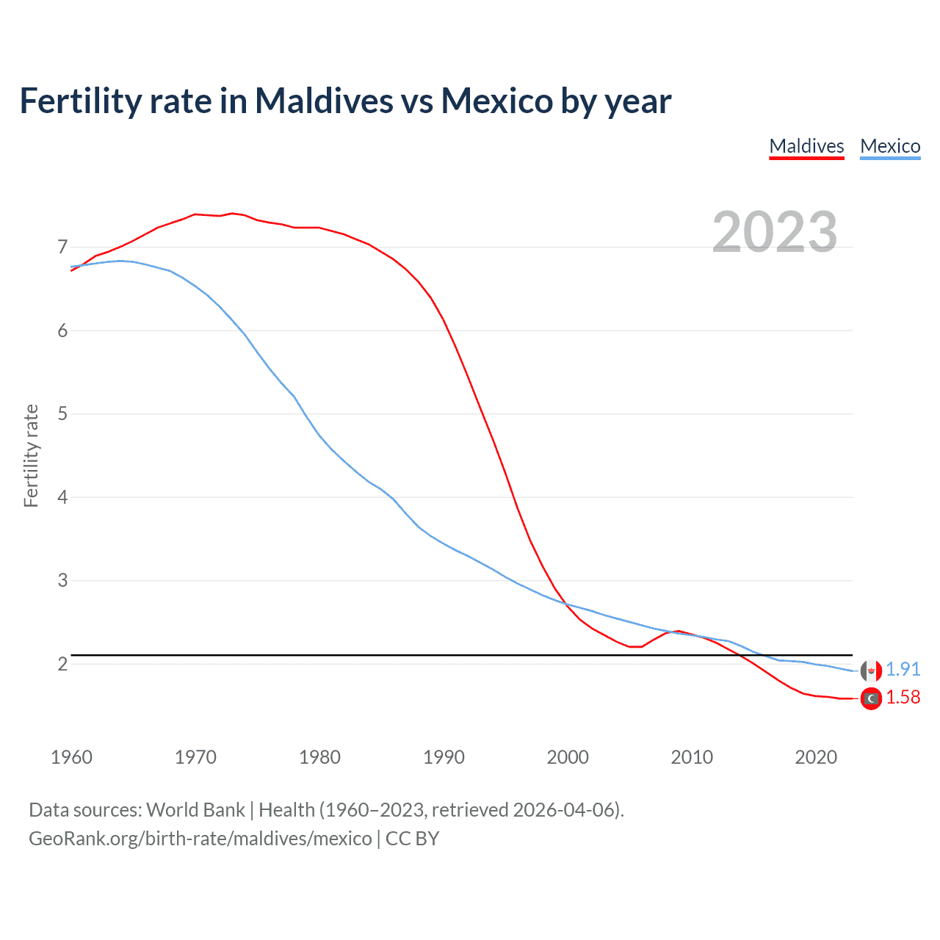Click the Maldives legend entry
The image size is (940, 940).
tap(806, 146)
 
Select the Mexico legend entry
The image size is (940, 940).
tap(890, 146)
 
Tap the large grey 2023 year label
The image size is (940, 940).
tap(775, 232)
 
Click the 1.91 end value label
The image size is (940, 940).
tap(903, 669)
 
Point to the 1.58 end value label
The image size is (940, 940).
tap(903, 697)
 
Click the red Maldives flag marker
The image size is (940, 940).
tap(871, 698)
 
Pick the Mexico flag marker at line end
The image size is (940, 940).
tap(871, 670)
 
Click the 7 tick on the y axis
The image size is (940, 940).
tap(62, 247)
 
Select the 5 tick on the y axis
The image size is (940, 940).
tap(62, 413)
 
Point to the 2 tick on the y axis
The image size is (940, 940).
tap(62, 664)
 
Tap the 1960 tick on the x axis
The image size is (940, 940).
tap(71, 757)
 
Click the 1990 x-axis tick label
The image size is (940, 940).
tap(444, 757)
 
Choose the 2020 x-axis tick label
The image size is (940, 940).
tap(816, 757)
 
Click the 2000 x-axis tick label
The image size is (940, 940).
tap(568, 757)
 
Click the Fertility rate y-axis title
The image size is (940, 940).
tap(31, 455)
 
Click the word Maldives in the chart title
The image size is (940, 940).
tap(324, 101)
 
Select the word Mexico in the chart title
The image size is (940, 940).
tap(496, 101)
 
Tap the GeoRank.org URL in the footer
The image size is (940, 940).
tap(200, 839)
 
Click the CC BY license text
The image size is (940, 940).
tap(412, 839)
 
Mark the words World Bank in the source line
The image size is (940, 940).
tap(195, 810)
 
